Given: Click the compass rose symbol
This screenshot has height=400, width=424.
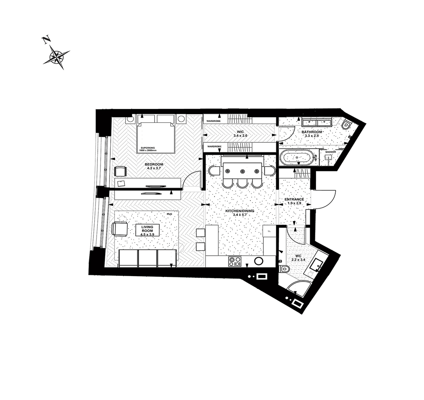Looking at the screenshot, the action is point(57,57).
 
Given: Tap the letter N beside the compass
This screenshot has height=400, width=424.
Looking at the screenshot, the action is point(46,39).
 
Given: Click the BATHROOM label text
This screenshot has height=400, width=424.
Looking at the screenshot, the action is point(312,132).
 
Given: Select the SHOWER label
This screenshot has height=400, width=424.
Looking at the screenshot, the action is point(331,152).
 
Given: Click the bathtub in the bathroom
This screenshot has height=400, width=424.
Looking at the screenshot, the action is point(297,157).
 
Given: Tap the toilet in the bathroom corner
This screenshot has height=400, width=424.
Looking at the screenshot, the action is point(346,125).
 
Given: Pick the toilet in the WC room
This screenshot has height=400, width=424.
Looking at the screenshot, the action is point(284,269).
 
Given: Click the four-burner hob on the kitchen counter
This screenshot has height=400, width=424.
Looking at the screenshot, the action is point(235,261).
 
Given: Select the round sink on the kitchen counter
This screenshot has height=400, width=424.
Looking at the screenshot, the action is point(259,261).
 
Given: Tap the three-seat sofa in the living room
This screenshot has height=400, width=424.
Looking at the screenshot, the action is point(148,258).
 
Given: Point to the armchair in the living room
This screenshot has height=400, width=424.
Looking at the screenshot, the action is point(120,229).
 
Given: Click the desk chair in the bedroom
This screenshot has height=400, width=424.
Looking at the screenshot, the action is point(121,171).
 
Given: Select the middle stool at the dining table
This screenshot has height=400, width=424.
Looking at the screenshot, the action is point(243,183).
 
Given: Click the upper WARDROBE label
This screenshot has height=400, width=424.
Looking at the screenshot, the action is point(214,121).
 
